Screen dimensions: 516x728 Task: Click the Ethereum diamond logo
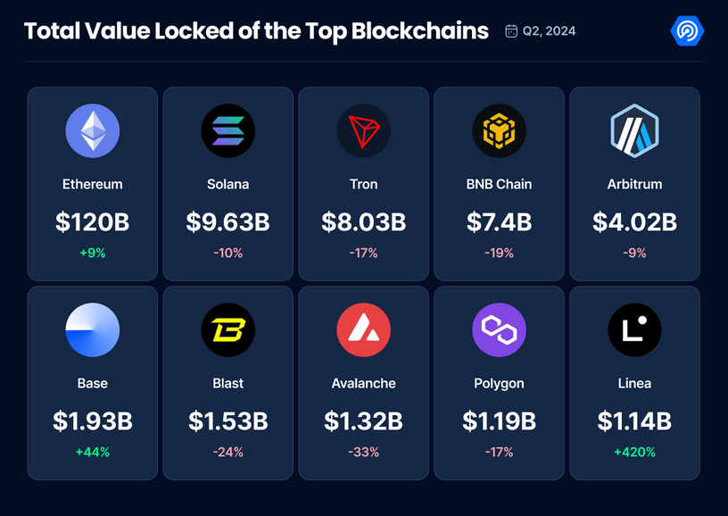click(x=93, y=131)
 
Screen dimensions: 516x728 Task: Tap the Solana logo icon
click(x=228, y=131)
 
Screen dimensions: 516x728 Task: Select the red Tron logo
click(x=363, y=131)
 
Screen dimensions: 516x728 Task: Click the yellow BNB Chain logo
click(x=499, y=131)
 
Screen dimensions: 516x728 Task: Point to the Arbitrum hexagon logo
click(x=634, y=131)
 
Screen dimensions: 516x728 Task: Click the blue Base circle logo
click(x=93, y=330)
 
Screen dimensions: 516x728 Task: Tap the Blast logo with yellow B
click(x=228, y=330)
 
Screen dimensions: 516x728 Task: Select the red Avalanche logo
click(x=363, y=330)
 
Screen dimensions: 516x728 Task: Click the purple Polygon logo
click(x=499, y=330)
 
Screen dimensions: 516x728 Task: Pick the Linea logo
click(x=634, y=330)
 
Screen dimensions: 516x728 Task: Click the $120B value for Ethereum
click(x=93, y=221)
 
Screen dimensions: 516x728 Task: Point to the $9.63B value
click(x=228, y=221)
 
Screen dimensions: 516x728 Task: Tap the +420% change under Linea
click(x=634, y=452)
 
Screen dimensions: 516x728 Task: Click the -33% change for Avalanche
click(x=363, y=452)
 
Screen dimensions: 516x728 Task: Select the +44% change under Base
click(x=93, y=452)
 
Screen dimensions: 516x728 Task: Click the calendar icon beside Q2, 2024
click(x=511, y=31)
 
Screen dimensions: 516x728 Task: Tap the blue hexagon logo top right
click(x=687, y=31)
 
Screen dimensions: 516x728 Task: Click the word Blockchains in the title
click(x=420, y=31)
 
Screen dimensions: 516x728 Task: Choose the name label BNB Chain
click(x=499, y=184)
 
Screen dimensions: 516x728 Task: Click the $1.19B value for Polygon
click(x=499, y=420)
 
